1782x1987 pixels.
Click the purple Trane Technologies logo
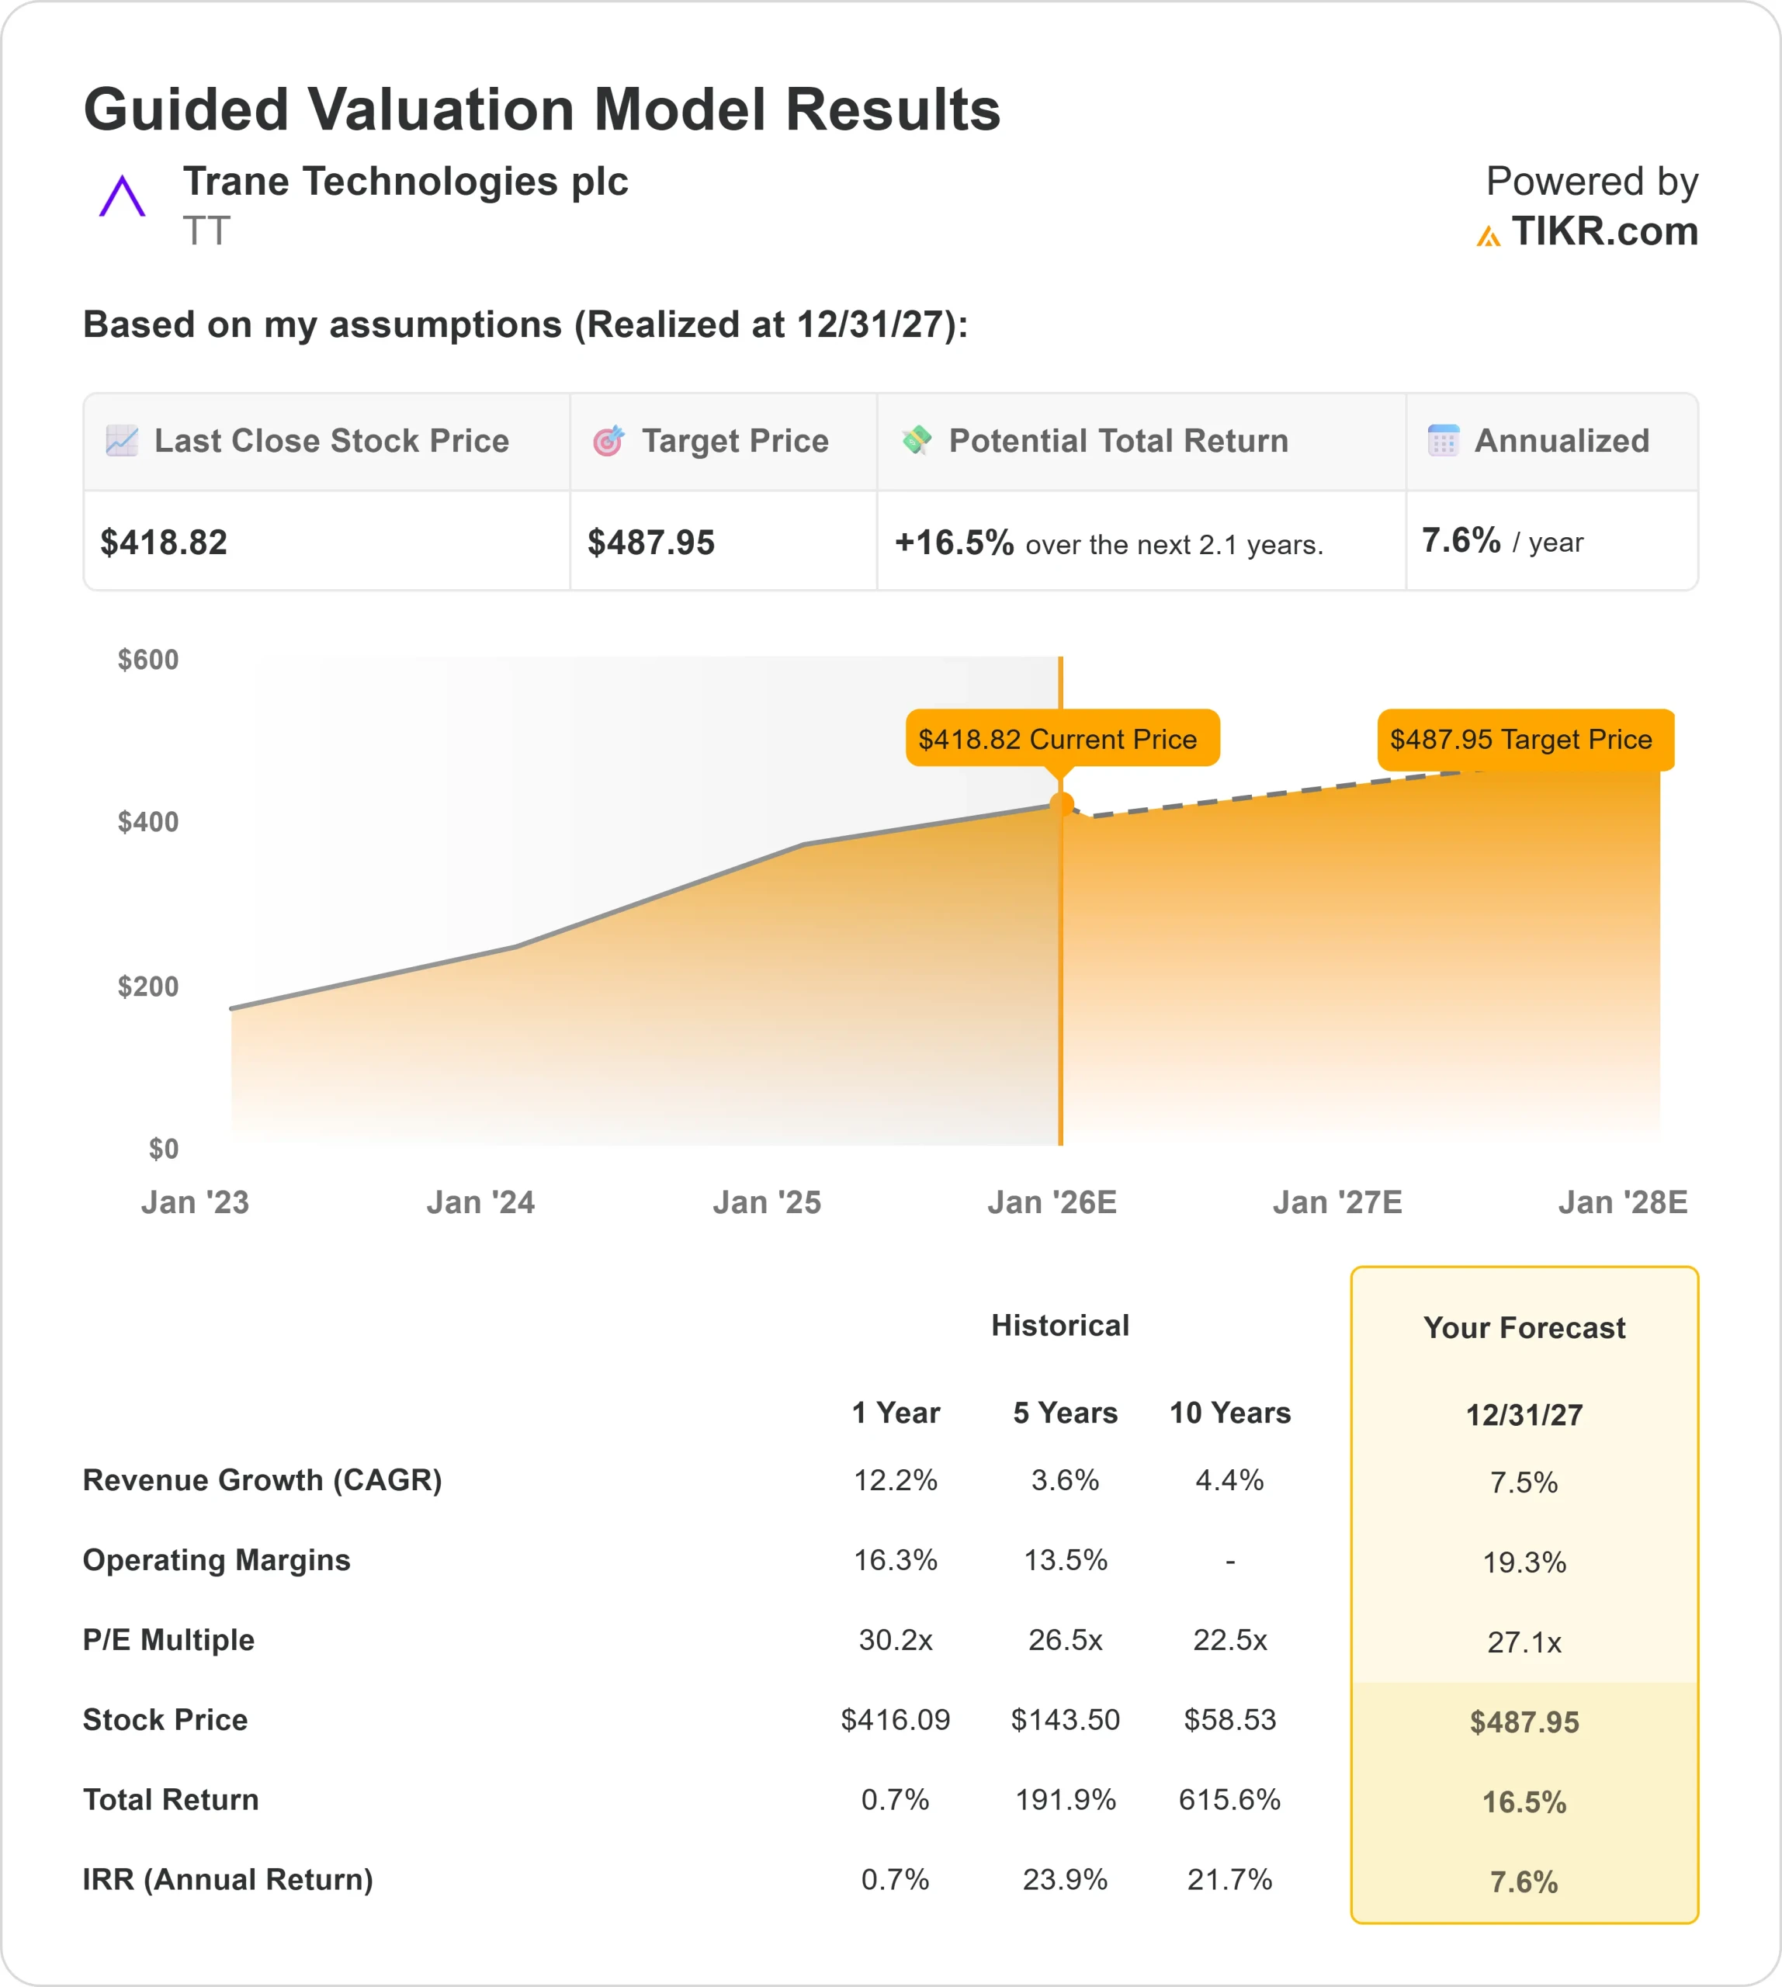(121, 197)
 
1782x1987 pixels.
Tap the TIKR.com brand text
(1603, 232)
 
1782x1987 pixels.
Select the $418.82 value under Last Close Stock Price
(164, 543)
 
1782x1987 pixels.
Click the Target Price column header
(734, 442)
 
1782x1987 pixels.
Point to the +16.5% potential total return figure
(954, 543)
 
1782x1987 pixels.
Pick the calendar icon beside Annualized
(1442, 441)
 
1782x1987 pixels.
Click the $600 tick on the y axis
(147, 660)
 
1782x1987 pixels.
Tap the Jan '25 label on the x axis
(767, 1202)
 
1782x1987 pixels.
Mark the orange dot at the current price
(1062, 805)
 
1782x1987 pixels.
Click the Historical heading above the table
(1059, 1326)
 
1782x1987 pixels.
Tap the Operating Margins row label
(217, 1560)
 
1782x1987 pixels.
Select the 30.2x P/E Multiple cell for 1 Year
(895, 1640)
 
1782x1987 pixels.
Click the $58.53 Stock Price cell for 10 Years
(1229, 1720)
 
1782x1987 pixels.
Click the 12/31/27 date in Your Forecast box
(1524, 1415)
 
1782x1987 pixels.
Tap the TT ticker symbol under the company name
(206, 232)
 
